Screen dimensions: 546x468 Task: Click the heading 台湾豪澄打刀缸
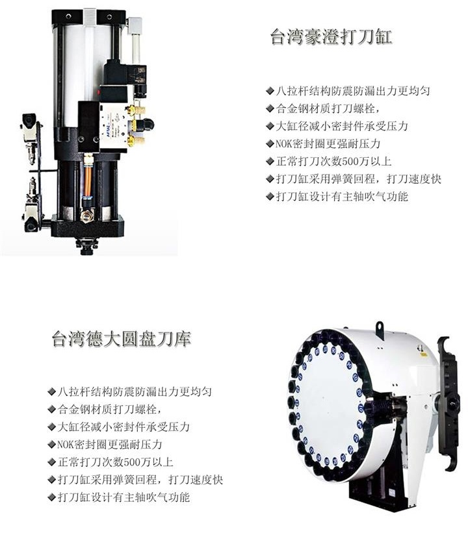[331, 36]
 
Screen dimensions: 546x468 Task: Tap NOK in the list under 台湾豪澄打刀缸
[285, 143]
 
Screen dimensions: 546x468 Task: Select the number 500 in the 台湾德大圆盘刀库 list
[122, 462]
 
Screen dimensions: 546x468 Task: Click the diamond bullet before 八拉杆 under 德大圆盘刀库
[51, 392]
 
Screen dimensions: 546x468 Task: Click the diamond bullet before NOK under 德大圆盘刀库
[51, 445]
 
